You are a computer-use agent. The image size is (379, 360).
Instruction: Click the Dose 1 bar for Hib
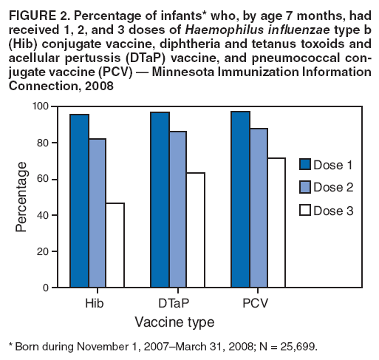point(79,200)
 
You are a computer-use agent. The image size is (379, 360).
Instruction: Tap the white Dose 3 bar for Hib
point(115,245)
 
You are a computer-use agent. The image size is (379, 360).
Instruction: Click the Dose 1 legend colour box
point(307,163)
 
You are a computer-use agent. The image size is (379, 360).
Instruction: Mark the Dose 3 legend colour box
point(307,211)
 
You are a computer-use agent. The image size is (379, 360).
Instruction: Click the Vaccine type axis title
point(174,322)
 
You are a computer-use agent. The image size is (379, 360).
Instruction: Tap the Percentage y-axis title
point(22,196)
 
